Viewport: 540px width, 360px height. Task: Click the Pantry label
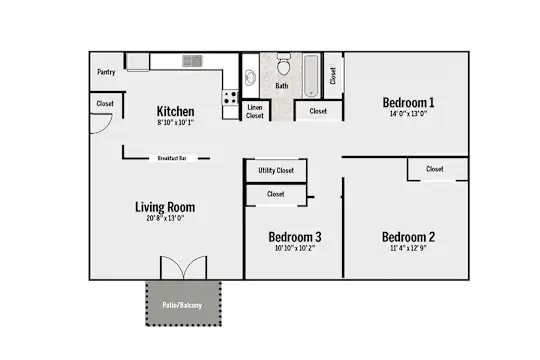click(x=106, y=72)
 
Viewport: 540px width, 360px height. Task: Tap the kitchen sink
click(x=192, y=61)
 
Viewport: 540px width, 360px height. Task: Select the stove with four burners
click(x=230, y=97)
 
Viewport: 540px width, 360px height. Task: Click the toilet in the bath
click(x=284, y=64)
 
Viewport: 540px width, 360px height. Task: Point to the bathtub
click(x=311, y=76)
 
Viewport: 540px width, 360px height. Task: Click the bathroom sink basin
click(x=250, y=78)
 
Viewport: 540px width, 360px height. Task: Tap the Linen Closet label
click(x=255, y=112)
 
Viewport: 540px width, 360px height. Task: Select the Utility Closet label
click(x=276, y=170)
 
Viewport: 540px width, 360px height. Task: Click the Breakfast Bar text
click(x=172, y=158)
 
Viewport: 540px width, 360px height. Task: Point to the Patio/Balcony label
click(x=182, y=305)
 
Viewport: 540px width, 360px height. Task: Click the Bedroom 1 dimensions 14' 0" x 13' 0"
click(x=408, y=114)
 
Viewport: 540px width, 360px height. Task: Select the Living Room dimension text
click(x=165, y=218)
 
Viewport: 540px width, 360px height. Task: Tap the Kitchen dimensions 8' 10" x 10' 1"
click(x=176, y=122)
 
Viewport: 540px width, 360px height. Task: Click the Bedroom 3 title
click(x=295, y=237)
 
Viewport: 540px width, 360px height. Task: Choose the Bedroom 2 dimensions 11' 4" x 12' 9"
click(x=408, y=248)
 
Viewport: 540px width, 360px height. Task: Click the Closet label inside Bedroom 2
click(x=435, y=169)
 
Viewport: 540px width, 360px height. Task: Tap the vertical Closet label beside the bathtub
click(x=333, y=76)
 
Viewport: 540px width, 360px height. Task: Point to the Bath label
click(x=282, y=86)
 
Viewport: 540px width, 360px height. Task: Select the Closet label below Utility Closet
click(x=276, y=194)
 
